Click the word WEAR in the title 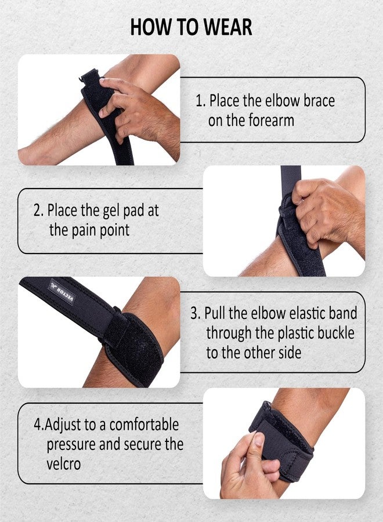(x=227, y=27)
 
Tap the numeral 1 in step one (x=199, y=101)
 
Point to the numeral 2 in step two (x=37, y=211)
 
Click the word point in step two (x=114, y=231)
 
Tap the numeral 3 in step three (x=194, y=313)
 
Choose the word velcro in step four (x=64, y=464)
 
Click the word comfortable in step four (x=144, y=425)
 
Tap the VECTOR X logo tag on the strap (x=62, y=292)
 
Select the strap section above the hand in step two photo (x=291, y=181)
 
